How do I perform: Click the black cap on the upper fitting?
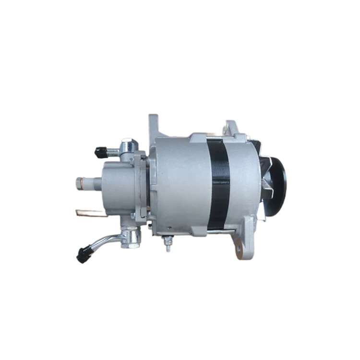point(100,153)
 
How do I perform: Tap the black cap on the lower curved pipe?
point(84,255)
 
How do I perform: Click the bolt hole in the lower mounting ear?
point(239,249)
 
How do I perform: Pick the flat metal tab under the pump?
point(89,212)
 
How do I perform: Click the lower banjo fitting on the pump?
point(130,238)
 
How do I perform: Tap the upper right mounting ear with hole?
point(229,129)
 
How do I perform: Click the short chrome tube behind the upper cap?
point(113,152)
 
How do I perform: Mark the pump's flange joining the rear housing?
point(140,187)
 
